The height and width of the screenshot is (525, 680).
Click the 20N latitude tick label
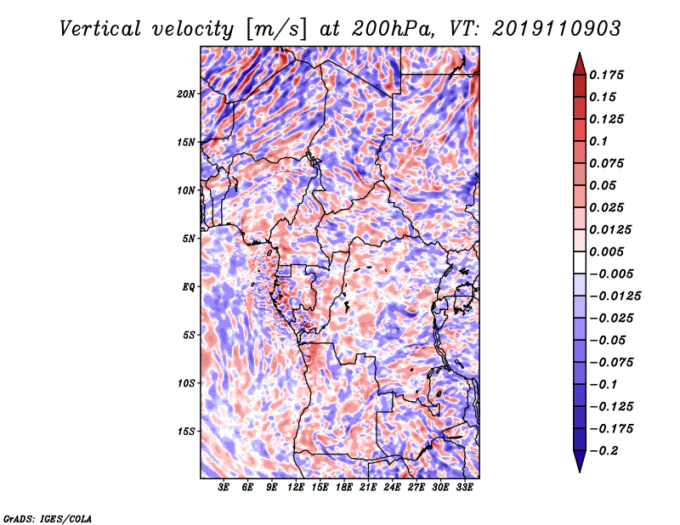(186, 93)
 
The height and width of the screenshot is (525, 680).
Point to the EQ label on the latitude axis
(190, 286)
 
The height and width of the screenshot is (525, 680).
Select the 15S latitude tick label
(186, 431)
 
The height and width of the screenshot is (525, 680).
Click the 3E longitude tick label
(224, 488)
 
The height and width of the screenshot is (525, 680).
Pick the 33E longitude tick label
(465, 488)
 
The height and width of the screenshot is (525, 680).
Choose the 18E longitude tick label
(344, 488)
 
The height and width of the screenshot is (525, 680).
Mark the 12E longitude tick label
(296, 488)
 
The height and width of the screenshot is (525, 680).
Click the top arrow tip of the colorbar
(579, 54)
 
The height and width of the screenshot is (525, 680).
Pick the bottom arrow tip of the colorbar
(579, 471)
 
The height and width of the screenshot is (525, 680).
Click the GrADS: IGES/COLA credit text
(48, 517)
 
